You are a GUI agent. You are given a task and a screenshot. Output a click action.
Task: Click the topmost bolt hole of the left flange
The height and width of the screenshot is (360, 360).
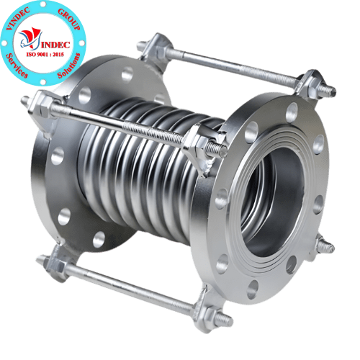pos(127,73)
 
